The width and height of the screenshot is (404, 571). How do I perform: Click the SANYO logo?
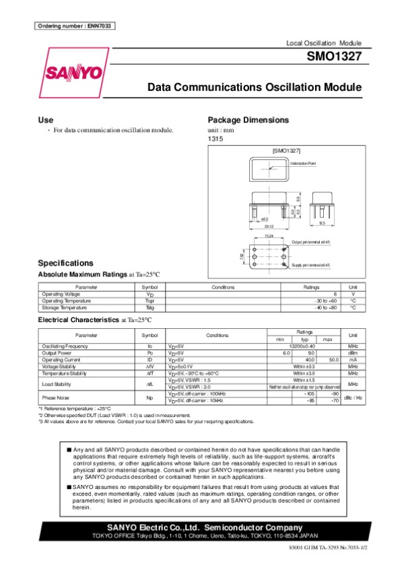(x=74, y=73)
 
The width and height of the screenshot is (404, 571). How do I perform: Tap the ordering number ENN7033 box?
(x=75, y=26)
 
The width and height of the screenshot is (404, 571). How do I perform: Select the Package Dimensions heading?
(x=248, y=120)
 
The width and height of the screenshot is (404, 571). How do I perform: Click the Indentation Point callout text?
(x=303, y=163)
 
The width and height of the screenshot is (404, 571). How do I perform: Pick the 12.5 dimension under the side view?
(x=322, y=223)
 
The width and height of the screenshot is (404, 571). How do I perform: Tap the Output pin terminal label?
(x=311, y=241)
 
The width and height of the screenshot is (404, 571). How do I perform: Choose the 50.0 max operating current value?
(x=333, y=360)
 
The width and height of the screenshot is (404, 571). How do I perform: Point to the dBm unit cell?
(x=352, y=352)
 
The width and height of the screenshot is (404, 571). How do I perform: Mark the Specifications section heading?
(x=65, y=263)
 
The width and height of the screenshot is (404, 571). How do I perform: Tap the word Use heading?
(x=46, y=120)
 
